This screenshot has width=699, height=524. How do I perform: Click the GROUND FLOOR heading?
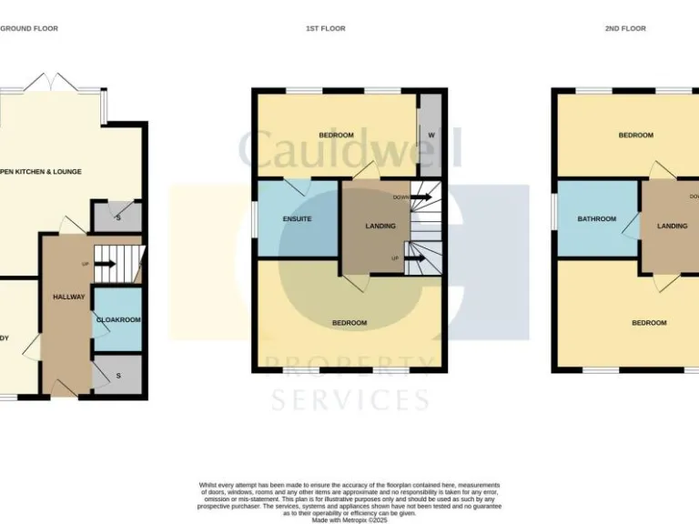(x=28, y=28)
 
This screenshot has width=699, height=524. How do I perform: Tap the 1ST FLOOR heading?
(x=325, y=28)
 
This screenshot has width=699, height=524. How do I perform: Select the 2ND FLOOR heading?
(x=625, y=28)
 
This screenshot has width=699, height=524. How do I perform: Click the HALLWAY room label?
(x=68, y=297)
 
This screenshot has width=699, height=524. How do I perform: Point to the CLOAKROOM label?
(x=118, y=319)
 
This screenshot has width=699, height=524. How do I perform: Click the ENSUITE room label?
(x=298, y=219)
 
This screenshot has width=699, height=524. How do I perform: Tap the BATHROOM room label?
(x=597, y=219)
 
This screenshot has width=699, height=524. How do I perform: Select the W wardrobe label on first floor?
(x=431, y=136)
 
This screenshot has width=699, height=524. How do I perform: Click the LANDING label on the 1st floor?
(x=380, y=226)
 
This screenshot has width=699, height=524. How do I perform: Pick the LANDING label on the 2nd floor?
(x=673, y=226)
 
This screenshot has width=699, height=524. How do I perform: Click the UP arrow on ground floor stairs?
(x=105, y=265)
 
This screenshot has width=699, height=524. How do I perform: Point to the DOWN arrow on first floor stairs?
(x=420, y=196)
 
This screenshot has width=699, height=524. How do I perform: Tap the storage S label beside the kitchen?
(x=119, y=217)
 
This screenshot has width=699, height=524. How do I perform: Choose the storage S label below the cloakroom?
(x=119, y=375)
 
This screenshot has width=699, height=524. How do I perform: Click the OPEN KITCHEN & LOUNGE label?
(x=40, y=171)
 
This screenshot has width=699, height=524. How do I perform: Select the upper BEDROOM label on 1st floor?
(x=336, y=136)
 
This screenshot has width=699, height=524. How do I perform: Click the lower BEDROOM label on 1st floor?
(x=349, y=323)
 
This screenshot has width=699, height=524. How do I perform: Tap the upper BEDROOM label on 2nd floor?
(x=636, y=136)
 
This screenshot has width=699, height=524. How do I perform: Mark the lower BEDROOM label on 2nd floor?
(x=649, y=323)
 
